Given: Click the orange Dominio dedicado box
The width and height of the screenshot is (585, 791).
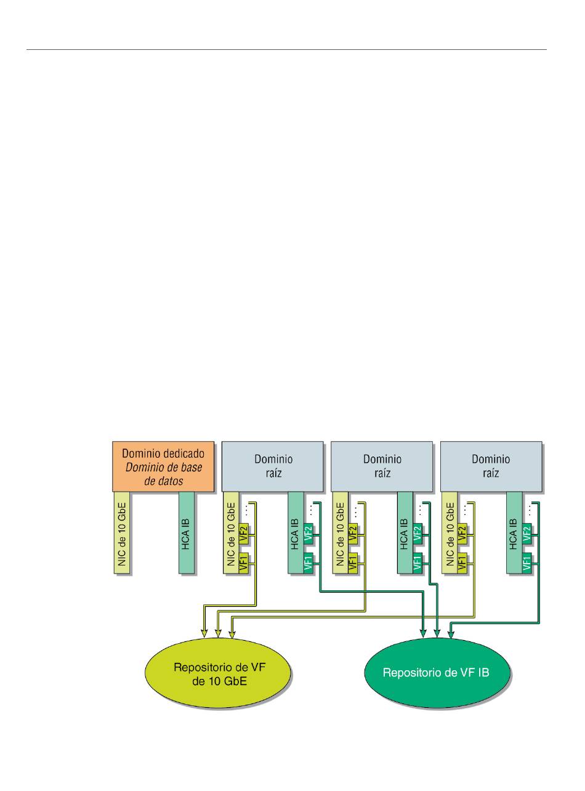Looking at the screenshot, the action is click(163, 466).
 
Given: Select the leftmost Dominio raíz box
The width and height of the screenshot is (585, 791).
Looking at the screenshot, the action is click(273, 466).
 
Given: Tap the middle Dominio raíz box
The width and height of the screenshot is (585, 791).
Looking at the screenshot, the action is click(382, 466).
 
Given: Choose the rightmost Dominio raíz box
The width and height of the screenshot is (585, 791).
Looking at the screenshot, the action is click(491, 466).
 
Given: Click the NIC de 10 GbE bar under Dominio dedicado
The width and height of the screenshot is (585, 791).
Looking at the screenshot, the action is click(121, 533).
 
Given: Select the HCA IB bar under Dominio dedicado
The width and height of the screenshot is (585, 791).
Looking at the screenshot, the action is click(187, 533).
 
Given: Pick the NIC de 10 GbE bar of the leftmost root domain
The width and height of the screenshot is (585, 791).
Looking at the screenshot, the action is click(231, 533).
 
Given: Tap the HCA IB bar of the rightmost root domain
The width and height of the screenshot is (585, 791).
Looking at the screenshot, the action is click(514, 533).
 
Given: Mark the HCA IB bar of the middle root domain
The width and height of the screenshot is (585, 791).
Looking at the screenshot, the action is click(405, 533).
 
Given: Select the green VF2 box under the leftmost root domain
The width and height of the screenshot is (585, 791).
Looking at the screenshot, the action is click(309, 533).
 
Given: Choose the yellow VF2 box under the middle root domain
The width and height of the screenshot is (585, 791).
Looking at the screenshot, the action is click(353, 533).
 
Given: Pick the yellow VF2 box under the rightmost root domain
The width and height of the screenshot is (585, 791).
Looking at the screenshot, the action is click(462, 533).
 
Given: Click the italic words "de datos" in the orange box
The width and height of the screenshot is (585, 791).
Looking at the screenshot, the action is click(164, 481).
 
